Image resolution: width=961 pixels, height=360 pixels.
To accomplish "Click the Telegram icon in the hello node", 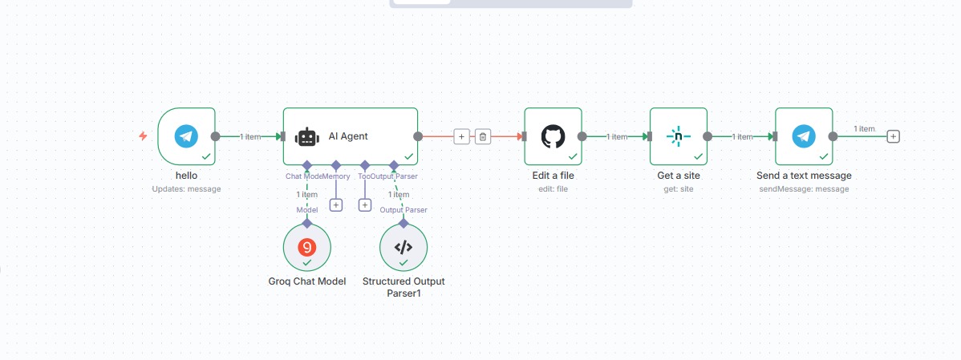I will (187, 136).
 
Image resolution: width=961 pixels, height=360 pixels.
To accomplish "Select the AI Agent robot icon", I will (307, 137).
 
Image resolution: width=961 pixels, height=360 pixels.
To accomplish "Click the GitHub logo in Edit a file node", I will (553, 136).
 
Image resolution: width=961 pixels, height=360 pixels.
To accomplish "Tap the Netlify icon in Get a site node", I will (678, 136).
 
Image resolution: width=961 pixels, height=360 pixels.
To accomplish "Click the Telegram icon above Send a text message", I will (803, 136).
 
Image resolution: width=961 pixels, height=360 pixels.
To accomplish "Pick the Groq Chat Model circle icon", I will (306, 246).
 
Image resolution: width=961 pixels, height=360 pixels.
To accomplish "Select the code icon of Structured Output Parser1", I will (403, 247).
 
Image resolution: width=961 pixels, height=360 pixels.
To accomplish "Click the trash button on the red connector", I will (483, 136).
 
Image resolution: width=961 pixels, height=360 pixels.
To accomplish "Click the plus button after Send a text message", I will (894, 136).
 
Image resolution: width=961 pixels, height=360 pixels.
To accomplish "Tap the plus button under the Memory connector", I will (336, 205).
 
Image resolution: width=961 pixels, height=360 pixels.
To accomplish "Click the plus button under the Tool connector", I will (364, 205).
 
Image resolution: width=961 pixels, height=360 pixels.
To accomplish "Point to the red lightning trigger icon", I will (143, 136).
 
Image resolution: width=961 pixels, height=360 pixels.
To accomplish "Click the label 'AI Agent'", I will (348, 136).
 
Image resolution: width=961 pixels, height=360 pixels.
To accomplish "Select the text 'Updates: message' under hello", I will (186, 189).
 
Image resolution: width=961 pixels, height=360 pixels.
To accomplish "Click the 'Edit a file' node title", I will (553, 176).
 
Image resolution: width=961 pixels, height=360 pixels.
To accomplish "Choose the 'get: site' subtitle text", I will (678, 189).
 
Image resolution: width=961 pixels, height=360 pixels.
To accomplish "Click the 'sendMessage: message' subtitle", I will (804, 189).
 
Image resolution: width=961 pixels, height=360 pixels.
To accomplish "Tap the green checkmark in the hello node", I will (206, 156).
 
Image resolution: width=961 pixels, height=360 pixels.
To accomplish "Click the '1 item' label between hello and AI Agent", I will (250, 137).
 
